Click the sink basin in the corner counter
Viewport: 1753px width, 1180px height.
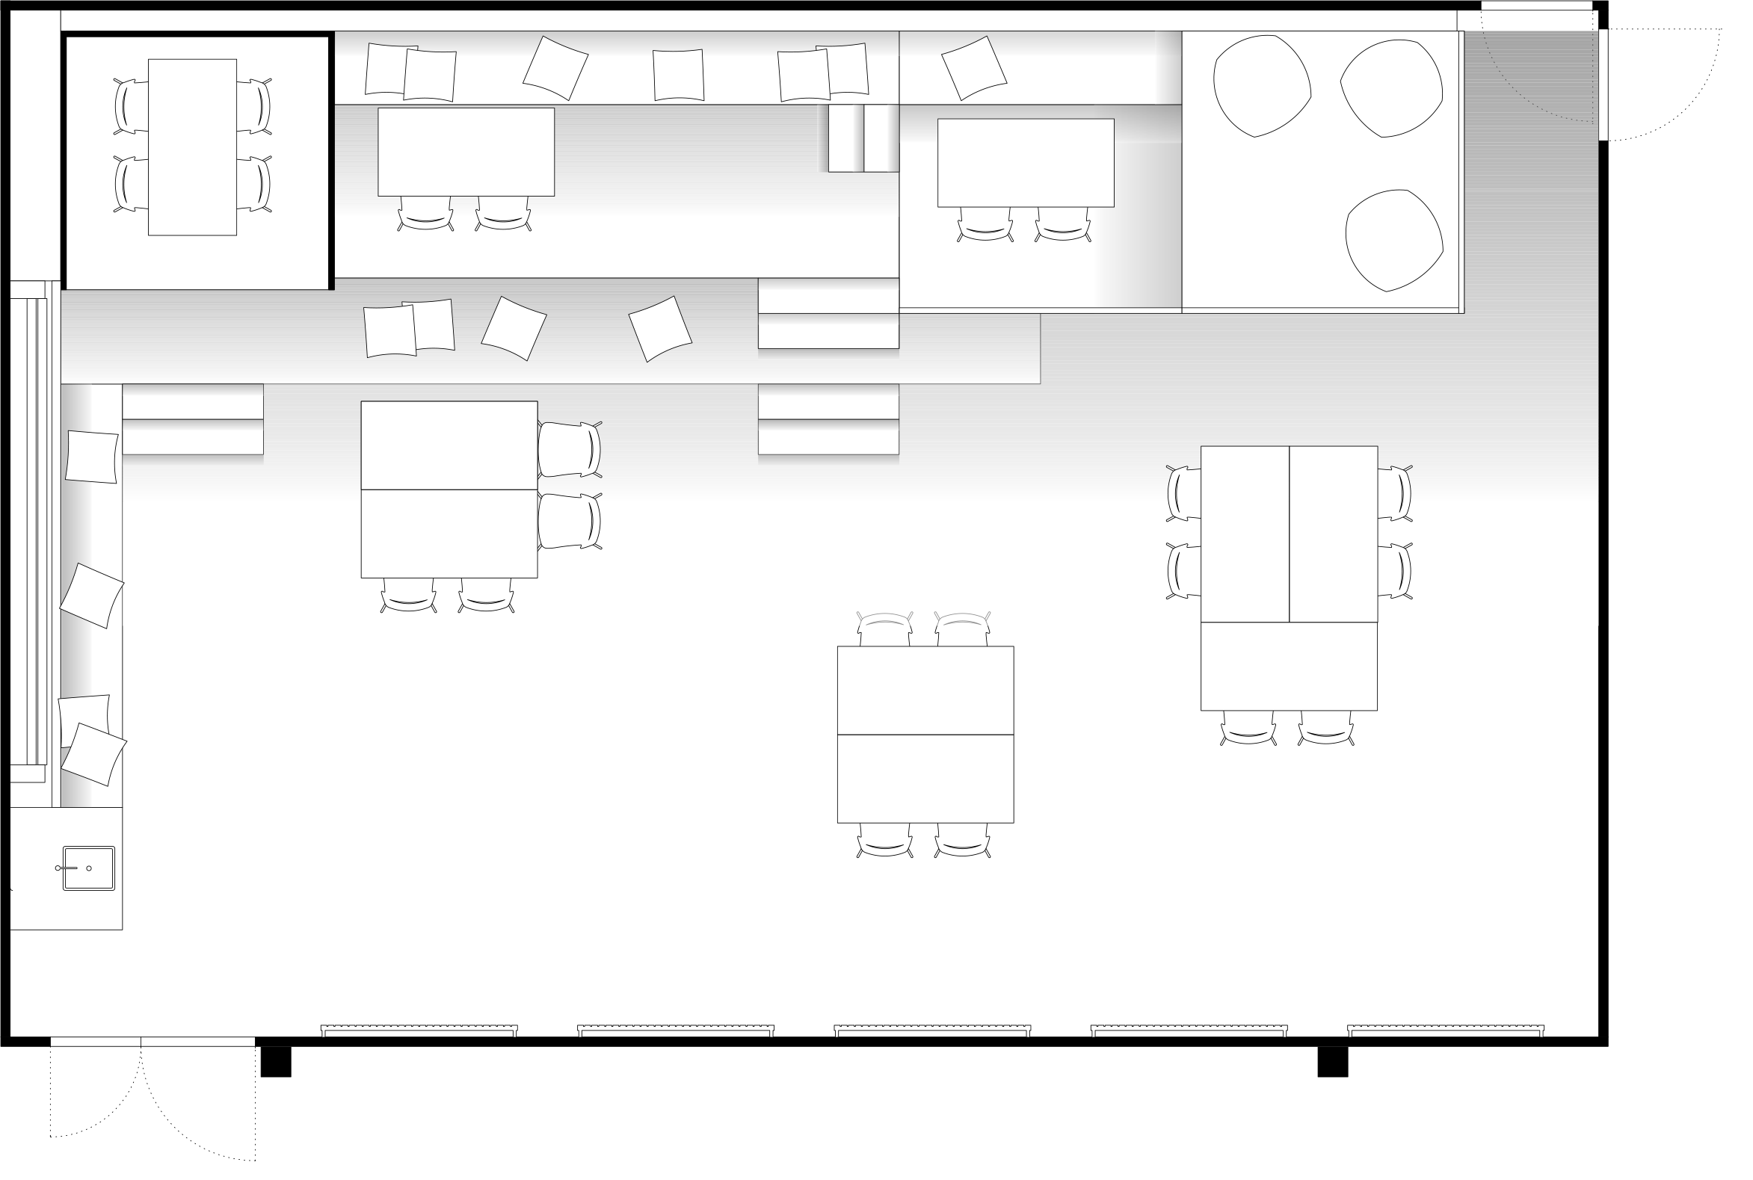(x=89, y=868)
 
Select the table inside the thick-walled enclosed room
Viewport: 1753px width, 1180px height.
(x=192, y=146)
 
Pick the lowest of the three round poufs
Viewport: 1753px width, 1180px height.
(x=1393, y=240)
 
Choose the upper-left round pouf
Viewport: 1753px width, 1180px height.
(x=1261, y=86)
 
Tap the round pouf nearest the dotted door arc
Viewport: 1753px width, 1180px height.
(x=1392, y=88)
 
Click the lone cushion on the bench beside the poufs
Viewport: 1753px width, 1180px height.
(x=974, y=68)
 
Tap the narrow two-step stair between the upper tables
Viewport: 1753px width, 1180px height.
(x=863, y=138)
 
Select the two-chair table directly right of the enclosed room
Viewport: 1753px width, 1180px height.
(x=466, y=152)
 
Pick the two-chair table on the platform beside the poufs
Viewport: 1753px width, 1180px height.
(x=1025, y=163)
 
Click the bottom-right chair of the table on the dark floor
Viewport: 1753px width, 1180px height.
(x=963, y=841)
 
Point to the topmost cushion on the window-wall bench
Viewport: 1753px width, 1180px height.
(x=92, y=457)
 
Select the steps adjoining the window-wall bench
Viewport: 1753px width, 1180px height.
(x=193, y=419)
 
